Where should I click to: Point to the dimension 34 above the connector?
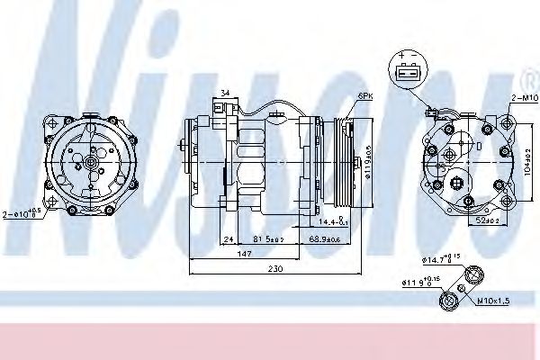pyautogui.click(x=224, y=91)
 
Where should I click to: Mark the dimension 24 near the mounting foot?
pyautogui.click(x=229, y=239)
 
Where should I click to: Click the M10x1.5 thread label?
pyautogui.click(x=494, y=301)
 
